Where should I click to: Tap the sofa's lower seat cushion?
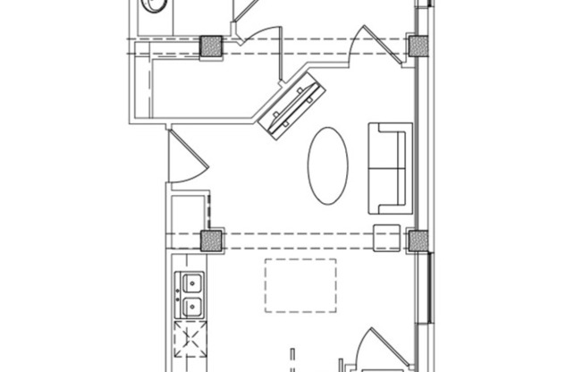click(x=387, y=188)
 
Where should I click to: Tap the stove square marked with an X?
click(x=190, y=340)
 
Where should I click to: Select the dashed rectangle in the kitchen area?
click(x=300, y=285)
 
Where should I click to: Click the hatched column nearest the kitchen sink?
click(x=212, y=239)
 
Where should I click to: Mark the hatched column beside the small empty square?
click(x=418, y=239)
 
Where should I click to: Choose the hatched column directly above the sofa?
click(x=418, y=46)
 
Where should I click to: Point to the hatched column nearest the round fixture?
click(x=212, y=46)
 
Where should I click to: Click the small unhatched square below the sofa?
click(x=386, y=239)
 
